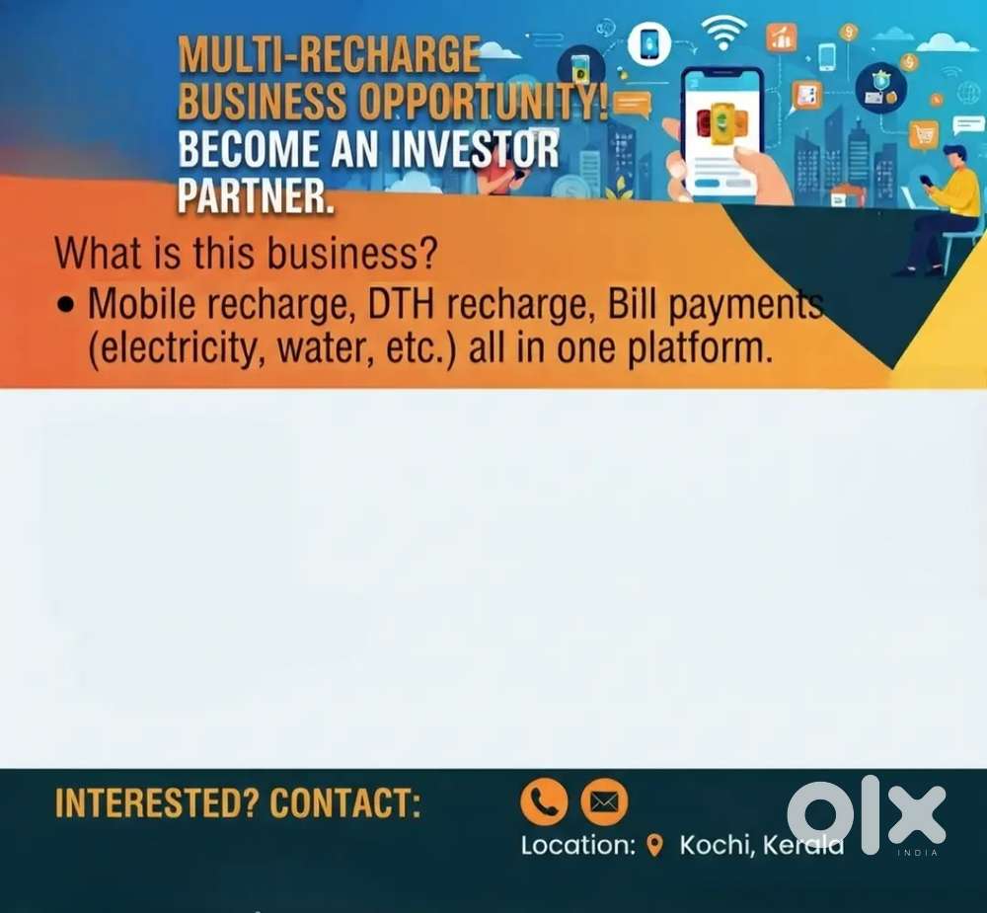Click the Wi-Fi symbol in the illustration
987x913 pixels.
pos(723,32)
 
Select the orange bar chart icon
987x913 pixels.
pos(781,37)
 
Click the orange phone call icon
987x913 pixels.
pos(544,801)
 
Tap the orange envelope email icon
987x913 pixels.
pos(604,801)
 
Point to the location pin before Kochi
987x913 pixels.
pos(655,845)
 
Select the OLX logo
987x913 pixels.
pos(867,814)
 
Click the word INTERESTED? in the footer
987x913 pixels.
pos(157,802)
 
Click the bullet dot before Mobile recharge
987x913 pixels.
pos(65,305)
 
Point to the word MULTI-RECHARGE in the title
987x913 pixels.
pos(329,54)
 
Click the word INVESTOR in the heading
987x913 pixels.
pos(474,149)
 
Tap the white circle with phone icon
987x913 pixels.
pos(649,42)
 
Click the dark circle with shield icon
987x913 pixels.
pos(881,88)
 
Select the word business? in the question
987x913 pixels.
pos(351,253)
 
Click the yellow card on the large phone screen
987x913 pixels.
pos(722,120)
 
